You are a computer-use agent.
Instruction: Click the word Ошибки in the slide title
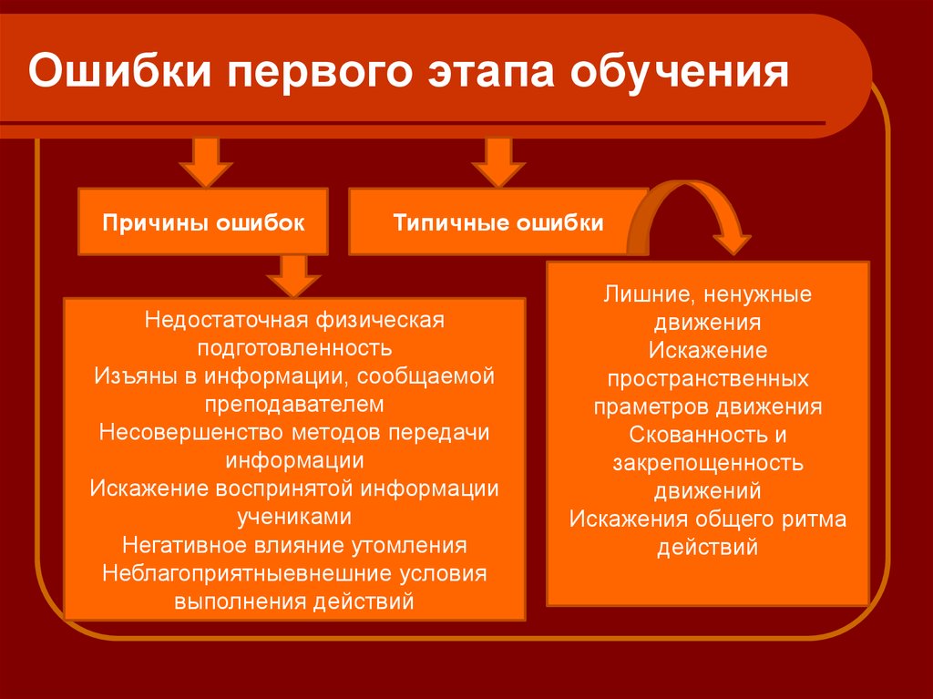(x=119, y=72)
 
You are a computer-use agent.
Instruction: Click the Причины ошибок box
(x=203, y=222)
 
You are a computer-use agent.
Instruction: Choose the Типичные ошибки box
(x=498, y=222)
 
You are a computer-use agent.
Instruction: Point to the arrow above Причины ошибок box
(x=206, y=162)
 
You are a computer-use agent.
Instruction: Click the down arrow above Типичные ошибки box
(x=498, y=162)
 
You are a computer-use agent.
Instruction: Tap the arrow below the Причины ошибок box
(x=293, y=276)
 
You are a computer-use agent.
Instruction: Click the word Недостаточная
(x=227, y=320)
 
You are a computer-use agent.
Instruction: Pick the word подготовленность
(x=294, y=348)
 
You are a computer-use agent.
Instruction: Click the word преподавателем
(x=294, y=405)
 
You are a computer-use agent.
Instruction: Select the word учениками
(x=294, y=517)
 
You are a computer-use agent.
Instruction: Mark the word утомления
(x=409, y=545)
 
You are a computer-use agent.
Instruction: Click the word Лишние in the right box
(x=643, y=294)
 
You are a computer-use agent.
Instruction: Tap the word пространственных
(x=708, y=379)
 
